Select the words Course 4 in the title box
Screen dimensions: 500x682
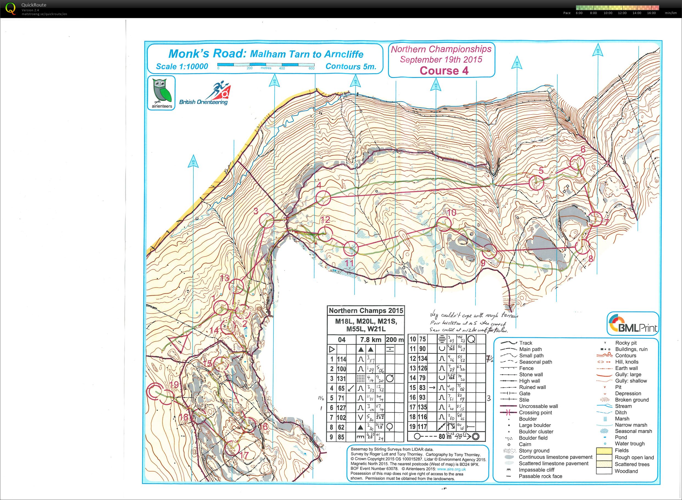444,71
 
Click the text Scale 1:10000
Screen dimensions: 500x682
182,66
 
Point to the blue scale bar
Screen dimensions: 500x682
266,65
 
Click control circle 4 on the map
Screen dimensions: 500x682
323,198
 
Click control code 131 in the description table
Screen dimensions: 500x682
341,378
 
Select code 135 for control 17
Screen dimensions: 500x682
422,407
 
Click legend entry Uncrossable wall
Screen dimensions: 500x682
538,406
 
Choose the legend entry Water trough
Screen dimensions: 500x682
629,444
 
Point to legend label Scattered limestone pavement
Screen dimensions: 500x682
553,463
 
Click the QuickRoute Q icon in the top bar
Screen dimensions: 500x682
10,9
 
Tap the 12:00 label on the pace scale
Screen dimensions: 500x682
622,13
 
